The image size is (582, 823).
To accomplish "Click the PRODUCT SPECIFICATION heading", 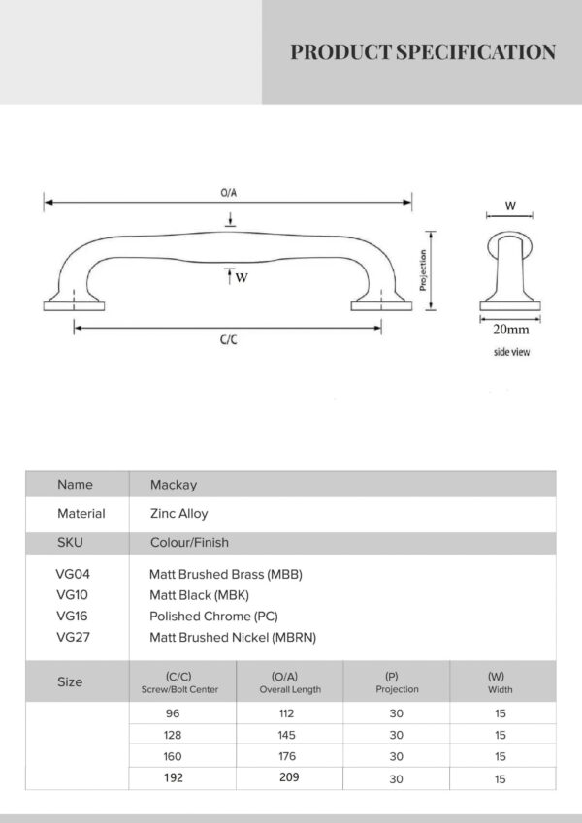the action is click(x=423, y=52).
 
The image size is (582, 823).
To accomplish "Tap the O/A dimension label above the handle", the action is click(x=229, y=193).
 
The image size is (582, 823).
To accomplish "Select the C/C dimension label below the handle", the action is click(x=229, y=339).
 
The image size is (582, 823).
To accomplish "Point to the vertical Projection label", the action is click(x=423, y=269).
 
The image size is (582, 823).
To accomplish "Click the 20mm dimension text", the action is click(x=510, y=330).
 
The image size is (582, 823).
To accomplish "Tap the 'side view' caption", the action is click(x=511, y=352).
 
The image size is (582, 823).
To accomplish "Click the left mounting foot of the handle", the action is click(x=74, y=306).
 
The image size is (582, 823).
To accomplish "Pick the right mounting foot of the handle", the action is click(x=381, y=306).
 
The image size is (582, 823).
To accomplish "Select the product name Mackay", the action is click(x=174, y=485).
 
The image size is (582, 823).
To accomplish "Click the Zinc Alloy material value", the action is click(x=179, y=514).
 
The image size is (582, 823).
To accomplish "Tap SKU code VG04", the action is click(x=73, y=574).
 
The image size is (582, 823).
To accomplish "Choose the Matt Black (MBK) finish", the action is click(x=199, y=595).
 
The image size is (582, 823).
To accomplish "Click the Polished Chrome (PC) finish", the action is click(x=213, y=617).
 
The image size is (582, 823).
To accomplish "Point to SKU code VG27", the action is click(x=73, y=637).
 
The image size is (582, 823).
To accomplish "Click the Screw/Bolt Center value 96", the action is click(x=173, y=713).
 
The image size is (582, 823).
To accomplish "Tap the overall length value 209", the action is click(x=289, y=776).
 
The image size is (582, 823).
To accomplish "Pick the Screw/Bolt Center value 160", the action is click(x=173, y=756).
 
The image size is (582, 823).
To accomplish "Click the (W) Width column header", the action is click(x=500, y=682).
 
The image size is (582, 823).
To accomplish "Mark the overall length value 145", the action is click(x=287, y=735).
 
